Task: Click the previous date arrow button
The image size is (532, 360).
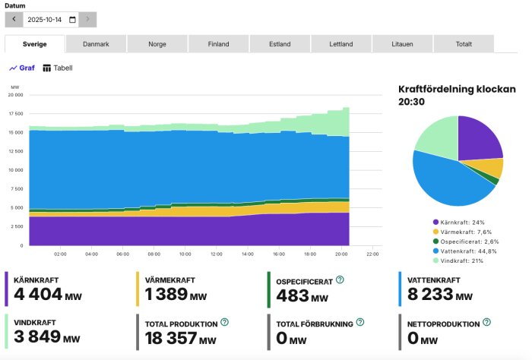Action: tap(13, 20)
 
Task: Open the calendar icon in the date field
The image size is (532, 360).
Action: tap(72, 20)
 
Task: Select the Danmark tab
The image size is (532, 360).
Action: tap(96, 44)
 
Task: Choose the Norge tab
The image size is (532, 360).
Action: tap(157, 44)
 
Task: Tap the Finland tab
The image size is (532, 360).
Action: tap(218, 44)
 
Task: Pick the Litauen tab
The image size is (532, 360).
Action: tap(402, 44)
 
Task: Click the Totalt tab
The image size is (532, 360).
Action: tap(463, 44)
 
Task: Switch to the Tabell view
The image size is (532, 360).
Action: tap(58, 68)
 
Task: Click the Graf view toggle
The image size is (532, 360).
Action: tap(22, 68)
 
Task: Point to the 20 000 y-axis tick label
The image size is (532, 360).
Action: tap(15, 95)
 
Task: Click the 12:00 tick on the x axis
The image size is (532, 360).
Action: tap(216, 254)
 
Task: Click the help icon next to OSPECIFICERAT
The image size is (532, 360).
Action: tap(340, 280)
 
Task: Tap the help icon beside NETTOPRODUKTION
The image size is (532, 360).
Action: tap(484, 323)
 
